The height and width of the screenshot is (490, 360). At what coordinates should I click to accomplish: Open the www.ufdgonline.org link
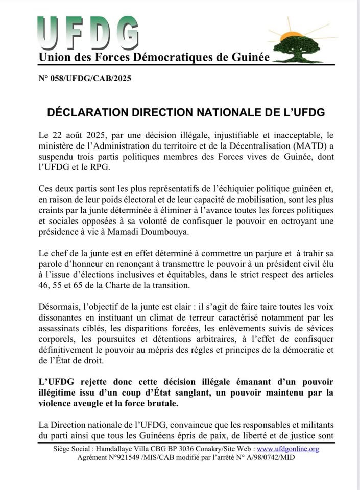pyautogui.click(x=292, y=449)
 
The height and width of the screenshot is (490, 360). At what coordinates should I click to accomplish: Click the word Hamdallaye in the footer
pyautogui.click(x=125, y=449)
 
